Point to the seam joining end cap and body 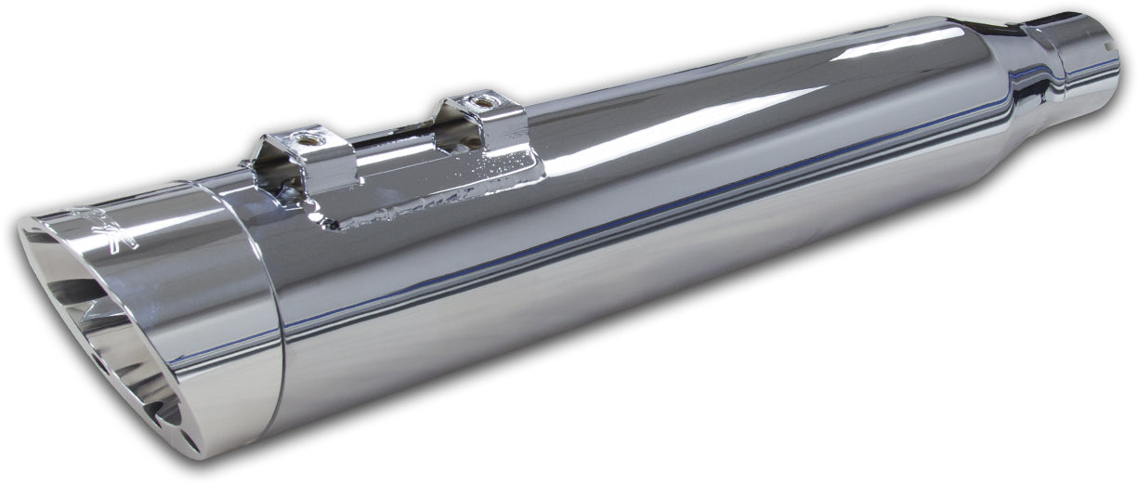point(275,307)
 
